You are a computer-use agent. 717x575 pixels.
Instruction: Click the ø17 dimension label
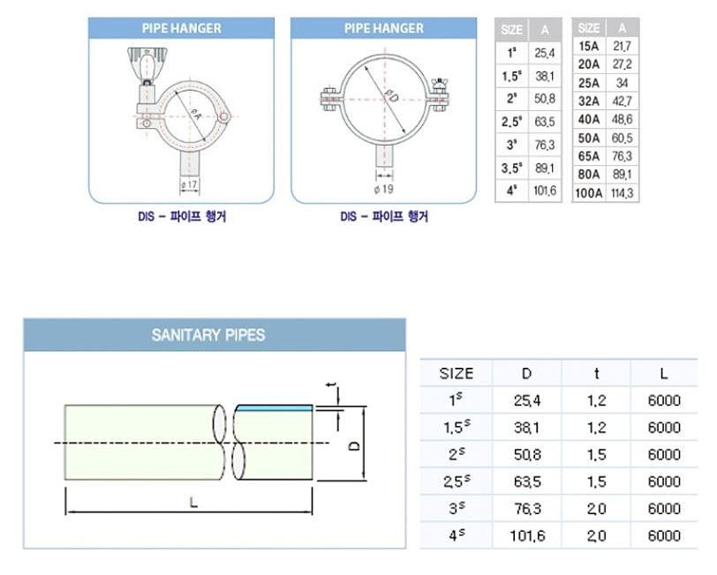(189, 184)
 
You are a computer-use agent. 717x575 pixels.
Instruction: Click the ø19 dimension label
(383, 189)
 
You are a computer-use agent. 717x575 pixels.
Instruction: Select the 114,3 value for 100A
(622, 193)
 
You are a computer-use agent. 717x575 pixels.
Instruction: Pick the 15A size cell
(588, 46)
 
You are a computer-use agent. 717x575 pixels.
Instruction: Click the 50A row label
(588, 138)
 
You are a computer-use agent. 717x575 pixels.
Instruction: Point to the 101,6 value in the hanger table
(545, 190)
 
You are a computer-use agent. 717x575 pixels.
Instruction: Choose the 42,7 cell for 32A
(622, 101)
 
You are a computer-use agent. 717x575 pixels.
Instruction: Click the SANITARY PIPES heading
(208, 335)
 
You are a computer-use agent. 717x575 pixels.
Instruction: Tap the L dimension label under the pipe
(194, 503)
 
